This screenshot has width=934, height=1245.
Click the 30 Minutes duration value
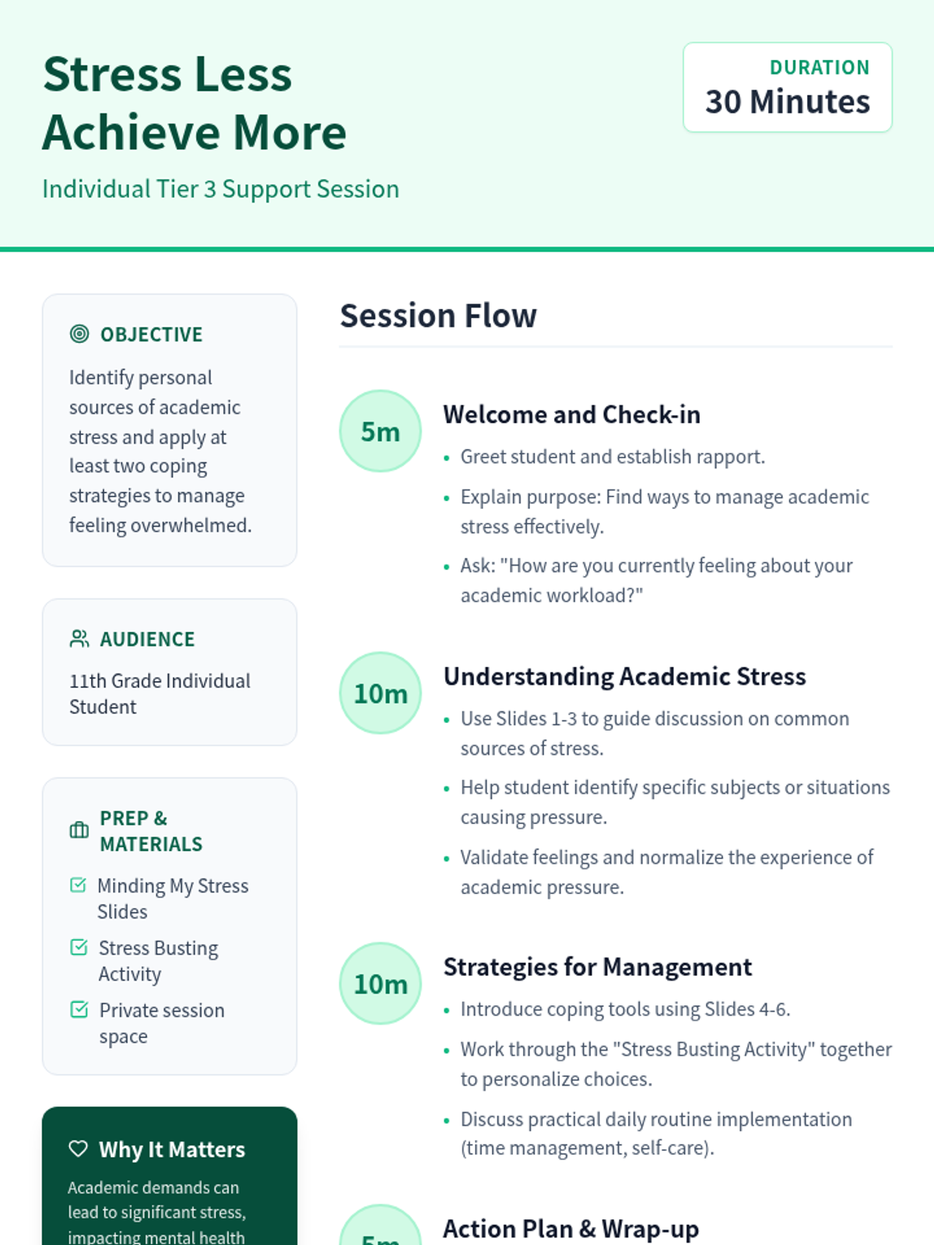(787, 102)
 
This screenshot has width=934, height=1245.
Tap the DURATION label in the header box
(820, 68)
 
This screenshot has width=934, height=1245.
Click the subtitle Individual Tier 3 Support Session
(220, 189)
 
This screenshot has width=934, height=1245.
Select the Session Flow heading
(437, 315)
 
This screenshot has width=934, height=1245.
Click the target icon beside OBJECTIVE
(79, 334)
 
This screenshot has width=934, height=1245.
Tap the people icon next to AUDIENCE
(79, 639)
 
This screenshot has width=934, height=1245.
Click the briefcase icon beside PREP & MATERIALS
(79, 830)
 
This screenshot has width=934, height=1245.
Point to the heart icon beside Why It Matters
(79, 1149)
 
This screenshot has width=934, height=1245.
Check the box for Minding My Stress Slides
(79, 885)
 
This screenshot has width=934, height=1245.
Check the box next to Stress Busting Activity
(79, 947)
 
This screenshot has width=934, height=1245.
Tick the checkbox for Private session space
(79, 1009)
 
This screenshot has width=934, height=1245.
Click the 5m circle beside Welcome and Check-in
(380, 431)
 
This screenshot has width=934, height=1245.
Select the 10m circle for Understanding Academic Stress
(380, 693)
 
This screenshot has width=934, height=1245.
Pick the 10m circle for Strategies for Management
(380, 984)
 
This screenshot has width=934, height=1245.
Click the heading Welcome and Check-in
(571, 415)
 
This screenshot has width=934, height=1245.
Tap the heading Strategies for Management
(598, 967)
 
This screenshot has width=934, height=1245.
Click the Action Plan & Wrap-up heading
(571, 1229)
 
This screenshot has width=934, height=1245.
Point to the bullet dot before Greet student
(447, 458)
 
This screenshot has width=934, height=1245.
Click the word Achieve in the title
(132, 133)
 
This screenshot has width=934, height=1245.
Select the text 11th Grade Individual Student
(160, 693)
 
